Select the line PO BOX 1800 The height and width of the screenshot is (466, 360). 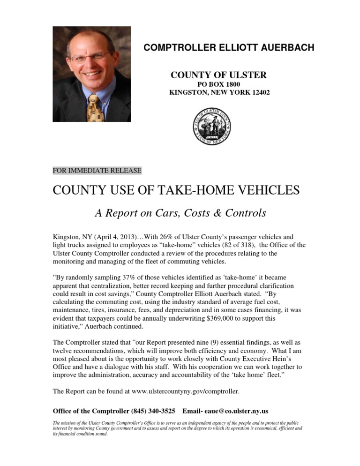point(219,84)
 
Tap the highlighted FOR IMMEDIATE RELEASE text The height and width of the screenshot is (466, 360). point(97,171)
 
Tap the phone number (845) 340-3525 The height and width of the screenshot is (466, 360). point(152,411)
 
